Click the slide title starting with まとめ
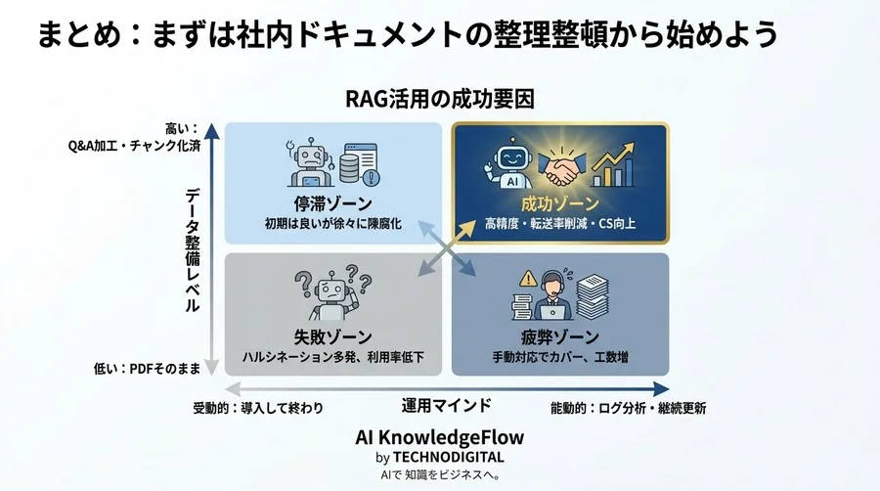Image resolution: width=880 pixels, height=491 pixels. pyautogui.click(x=408, y=36)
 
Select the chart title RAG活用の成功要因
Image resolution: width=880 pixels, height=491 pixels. pyautogui.click(x=439, y=99)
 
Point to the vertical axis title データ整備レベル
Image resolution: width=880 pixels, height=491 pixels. pyautogui.click(x=193, y=249)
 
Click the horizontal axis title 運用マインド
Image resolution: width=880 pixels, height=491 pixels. pyautogui.click(x=446, y=405)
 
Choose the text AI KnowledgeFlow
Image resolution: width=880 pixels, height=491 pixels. pyautogui.click(x=439, y=437)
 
